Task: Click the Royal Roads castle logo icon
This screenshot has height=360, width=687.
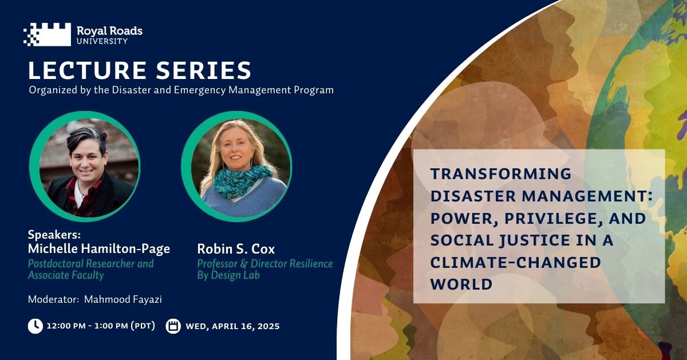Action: pos(47,34)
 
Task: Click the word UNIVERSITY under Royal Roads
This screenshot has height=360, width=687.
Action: pos(102,41)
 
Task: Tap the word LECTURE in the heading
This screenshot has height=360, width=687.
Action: pos(88,70)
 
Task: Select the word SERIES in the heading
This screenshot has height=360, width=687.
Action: pos(204,70)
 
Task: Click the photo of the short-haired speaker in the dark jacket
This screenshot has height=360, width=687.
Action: pos(85,167)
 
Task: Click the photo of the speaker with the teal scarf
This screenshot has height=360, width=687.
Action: pos(236,167)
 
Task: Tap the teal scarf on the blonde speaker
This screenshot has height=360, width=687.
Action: pos(242,181)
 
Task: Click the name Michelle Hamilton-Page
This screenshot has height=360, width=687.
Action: pos(98,249)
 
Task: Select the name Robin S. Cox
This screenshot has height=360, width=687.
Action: pos(236,249)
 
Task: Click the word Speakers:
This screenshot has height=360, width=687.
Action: pos(54,235)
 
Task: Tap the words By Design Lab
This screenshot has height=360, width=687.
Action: pos(228,275)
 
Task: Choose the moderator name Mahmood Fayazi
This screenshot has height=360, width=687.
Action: pos(123,299)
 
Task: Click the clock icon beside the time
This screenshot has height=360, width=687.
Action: pos(35,326)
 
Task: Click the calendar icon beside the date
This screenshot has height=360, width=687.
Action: pos(173,326)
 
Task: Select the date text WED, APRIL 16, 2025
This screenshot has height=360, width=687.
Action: pos(233,326)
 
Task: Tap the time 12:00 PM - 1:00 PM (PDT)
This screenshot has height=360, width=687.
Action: pos(101,326)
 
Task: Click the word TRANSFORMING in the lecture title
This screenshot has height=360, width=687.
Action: pos(501,173)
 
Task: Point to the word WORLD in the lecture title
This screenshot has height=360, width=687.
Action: pos(461,284)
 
